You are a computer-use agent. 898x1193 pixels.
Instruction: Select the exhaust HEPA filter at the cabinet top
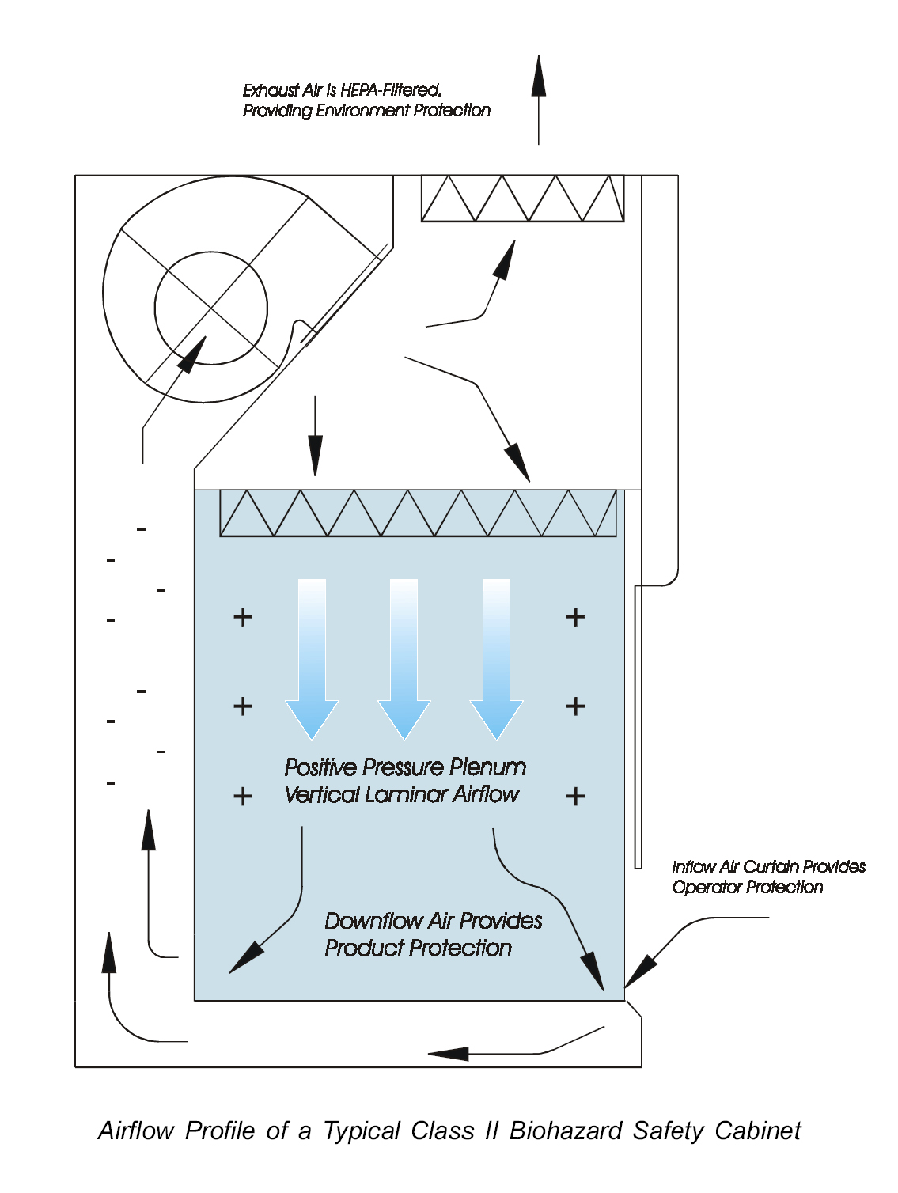coord(522,199)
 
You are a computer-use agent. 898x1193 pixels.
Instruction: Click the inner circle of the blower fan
coord(211,308)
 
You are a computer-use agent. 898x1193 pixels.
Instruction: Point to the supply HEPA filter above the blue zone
coord(418,513)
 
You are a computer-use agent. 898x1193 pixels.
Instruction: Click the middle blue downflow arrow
coord(404,657)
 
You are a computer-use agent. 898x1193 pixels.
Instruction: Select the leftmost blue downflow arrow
coord(312,657)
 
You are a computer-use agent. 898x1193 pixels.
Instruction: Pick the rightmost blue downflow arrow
coord(497,657)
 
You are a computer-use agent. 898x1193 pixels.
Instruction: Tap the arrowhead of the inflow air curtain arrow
coord(639,972)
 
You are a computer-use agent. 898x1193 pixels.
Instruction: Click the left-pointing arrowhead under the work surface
coord(448,1054)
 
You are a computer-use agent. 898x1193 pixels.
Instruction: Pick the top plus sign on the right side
coord(575,617)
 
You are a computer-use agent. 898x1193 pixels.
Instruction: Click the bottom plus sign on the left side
coord(243,796)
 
